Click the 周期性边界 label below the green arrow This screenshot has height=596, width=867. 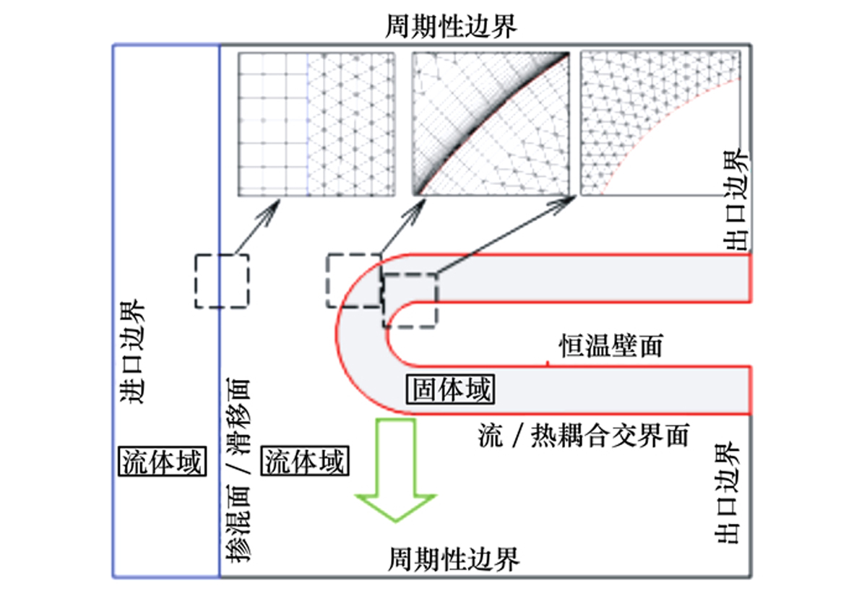coord(454,558)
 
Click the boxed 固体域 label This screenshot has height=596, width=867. coord(450,390)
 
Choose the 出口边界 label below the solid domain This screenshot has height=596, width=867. coord(727,493)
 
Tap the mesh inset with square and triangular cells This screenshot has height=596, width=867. coord(316,124)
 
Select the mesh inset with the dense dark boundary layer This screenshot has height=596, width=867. coord(491,124)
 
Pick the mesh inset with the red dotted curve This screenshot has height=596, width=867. coord(660,124)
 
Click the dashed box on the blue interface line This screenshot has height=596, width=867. coord(222,281)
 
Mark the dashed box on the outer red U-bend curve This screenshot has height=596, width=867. coord(354,281)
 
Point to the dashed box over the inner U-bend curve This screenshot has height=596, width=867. coord(409,300)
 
